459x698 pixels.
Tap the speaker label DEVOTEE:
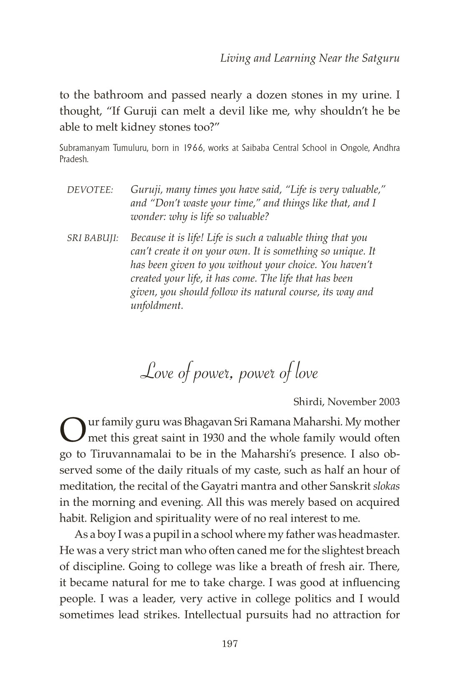pyautogui.click(x=90, y=191)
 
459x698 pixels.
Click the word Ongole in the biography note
pyautogui.click(x=352, y=149)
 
